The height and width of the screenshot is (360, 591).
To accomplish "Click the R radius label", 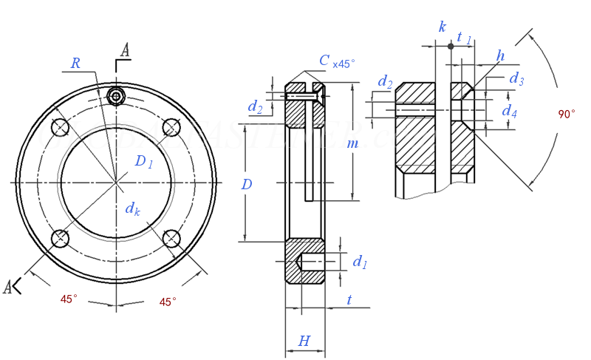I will pos(75,64).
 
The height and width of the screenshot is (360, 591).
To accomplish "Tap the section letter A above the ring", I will pos(125,50).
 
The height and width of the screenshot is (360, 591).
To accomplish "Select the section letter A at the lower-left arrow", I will pos(8,287).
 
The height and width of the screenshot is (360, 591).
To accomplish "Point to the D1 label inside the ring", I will pos(143,162).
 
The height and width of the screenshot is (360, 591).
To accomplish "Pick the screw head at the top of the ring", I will pos(116,96).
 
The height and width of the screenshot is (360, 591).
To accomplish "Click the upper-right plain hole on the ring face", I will pos(171,126).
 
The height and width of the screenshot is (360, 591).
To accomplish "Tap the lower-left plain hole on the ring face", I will pos(60,238).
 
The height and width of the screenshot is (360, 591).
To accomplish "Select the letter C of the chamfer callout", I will pos(324,61).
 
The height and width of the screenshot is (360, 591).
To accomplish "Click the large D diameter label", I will pos(247,184).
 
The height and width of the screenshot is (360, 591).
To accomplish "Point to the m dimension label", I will pos(352,143).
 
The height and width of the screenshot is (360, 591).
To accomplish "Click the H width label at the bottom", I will pos(304,341).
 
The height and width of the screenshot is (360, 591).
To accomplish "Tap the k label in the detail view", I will pos(442,27).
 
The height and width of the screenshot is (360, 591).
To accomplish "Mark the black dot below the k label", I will pos(450,47).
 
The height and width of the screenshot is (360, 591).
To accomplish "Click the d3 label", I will pos(516,79).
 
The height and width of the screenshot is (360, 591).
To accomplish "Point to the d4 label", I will pos(509,111).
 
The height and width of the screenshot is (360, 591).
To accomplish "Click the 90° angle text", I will pos(567,115).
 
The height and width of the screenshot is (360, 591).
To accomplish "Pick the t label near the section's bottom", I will pos(348,299).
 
